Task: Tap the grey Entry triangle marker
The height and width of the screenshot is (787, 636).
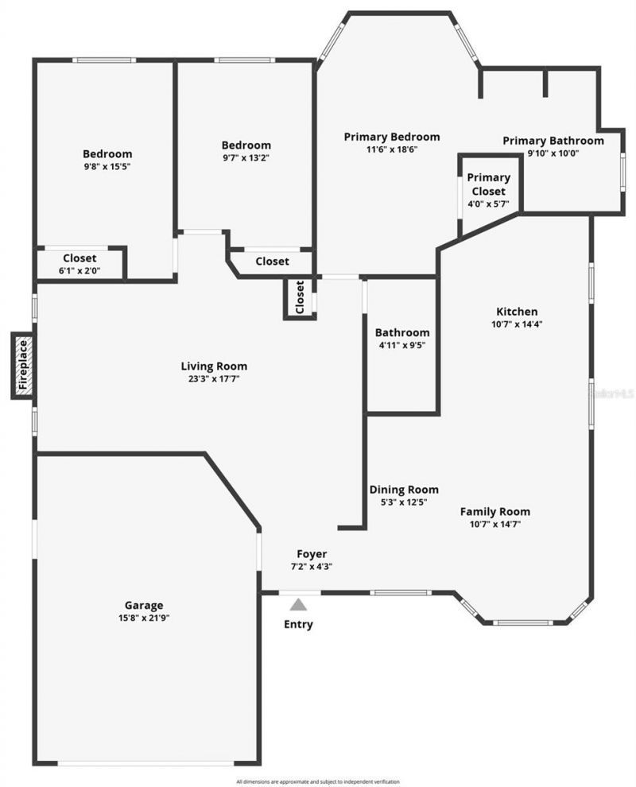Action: pos(298,605)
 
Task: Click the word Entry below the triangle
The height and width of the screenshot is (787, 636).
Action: pos(298,624)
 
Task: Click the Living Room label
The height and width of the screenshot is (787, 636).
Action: pos(214,366)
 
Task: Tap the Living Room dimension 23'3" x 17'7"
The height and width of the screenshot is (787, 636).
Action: pos(214,379)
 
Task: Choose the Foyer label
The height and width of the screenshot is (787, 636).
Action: pos(312,554)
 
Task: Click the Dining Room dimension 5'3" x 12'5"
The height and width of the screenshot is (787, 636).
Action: pos(404,502)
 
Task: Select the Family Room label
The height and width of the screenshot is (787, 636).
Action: pos(494,511)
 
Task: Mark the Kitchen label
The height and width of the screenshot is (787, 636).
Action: pos(517,312)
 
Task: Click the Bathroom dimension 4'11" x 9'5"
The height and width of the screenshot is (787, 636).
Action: pos(402,345)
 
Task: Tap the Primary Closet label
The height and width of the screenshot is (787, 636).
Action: pos(488,184)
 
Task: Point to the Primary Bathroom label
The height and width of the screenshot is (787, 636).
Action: pos(553,141)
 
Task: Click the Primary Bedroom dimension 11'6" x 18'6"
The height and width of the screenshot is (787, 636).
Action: pos(391,149)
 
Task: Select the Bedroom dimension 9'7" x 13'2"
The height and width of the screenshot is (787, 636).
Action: pos(246,157)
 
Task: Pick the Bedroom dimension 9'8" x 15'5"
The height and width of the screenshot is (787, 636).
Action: pos(107,167)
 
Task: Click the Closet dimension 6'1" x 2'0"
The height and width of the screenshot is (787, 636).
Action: pos(79,270)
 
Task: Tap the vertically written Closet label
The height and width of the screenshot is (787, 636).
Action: pos(300,297)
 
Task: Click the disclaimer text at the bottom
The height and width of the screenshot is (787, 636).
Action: pos(318,781)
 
